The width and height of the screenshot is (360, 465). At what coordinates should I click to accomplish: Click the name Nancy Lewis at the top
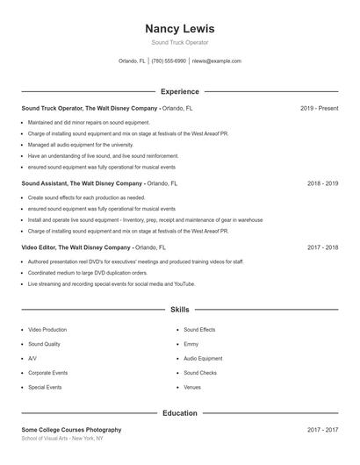click(x=179, y=28)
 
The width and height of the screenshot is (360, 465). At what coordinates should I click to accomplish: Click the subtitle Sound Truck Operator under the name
click(x=179, y=42)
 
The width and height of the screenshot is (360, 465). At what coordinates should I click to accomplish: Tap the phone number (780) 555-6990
click(x=169, y=61)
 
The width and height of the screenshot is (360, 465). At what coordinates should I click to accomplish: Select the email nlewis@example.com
click(x=216, y=61)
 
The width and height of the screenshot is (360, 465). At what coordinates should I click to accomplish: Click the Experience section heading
click(x=179, y=91)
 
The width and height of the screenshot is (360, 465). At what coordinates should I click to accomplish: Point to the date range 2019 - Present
click(x=319, y=108)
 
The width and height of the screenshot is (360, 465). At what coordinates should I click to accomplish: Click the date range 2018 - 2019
click(x=322, y=184)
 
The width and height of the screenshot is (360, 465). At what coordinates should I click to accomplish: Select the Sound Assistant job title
click(x=46, y=184)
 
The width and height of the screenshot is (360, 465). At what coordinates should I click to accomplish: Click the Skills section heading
click(x=179, y=310)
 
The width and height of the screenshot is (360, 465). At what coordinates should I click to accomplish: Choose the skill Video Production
click(x=47, y=330)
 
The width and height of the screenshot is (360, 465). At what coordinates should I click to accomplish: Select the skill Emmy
click(x=191, y=344)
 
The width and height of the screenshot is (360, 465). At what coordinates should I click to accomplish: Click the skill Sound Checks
click(x=201, y=373)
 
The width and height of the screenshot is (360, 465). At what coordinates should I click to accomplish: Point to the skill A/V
click(x=32, y=358)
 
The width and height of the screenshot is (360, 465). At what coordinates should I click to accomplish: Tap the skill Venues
click(x=192, y=387)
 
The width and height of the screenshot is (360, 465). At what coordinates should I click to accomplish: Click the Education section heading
click(x=179, y=412)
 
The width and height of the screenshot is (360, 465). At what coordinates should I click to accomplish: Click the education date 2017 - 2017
click(x=322, y=430)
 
